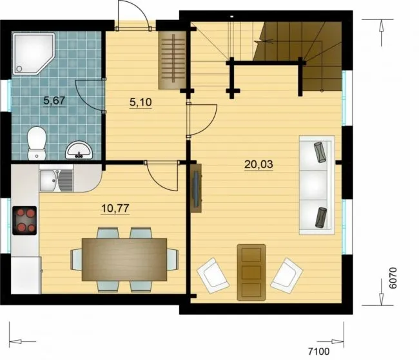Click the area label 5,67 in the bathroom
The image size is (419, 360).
click(x=55, y=100)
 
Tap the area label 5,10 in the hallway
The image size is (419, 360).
click(x=141, y=102)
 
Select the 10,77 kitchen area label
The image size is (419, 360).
click(x=115, y=208)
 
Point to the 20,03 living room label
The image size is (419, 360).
click(x=258, y=164)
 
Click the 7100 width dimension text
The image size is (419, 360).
click(x=319, y=352)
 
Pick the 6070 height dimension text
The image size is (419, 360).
click(x=393, y=278)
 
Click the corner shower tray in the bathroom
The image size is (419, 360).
click(x=34, y=53)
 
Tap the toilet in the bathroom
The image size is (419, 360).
click(x=37, y=143)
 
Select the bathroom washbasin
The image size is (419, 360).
click(x=79, y=150)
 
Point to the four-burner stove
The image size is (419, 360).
click(x=24, y=221)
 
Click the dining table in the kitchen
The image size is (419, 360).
click(x=124, y=260)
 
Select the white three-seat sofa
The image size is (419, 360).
click(x=317, y=185)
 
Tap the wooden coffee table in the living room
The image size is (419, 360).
click(x=251, y=272)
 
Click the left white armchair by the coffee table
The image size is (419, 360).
click(x=213, y=276)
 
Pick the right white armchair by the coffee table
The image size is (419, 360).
click(x=286, y=276)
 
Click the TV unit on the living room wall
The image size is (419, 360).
click(x=197, y=188)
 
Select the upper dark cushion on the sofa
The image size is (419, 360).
click(x=320, y=152)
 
